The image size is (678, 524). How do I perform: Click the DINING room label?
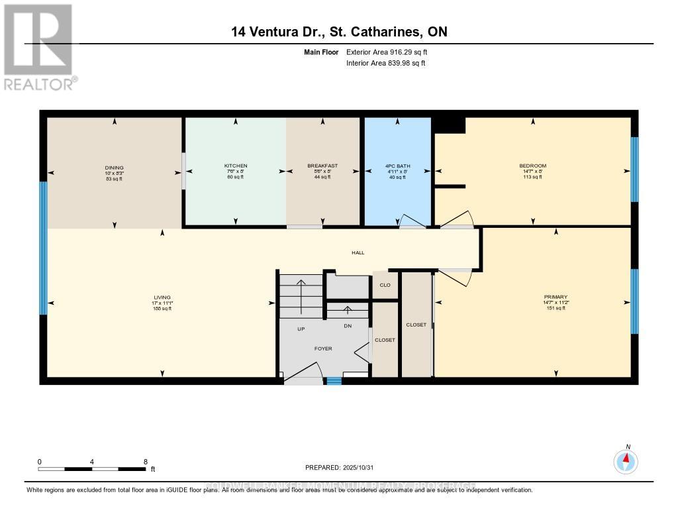(114, 168)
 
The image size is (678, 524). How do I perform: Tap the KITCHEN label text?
(235, 166)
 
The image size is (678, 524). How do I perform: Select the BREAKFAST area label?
(322, 166)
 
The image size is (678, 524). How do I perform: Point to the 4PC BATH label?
(397, 166)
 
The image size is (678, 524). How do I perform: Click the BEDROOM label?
(532, 166)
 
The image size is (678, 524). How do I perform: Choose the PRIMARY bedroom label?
(556, 297)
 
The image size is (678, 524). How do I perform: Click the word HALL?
(358, 252)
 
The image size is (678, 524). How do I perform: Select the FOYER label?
(323, 348)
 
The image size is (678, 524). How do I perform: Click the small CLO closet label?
(385, 286)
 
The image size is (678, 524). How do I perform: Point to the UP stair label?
(301, 329)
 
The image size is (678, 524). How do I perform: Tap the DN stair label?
(348, 326)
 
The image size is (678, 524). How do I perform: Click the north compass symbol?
(626, 460)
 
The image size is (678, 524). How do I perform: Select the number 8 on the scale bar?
(145, 461)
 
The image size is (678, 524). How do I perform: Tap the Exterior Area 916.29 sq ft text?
(391, 52)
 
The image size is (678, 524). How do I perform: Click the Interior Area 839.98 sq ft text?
(385, 64)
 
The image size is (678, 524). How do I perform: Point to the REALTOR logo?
(38, 46)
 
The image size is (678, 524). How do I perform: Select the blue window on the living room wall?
(44, 248)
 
